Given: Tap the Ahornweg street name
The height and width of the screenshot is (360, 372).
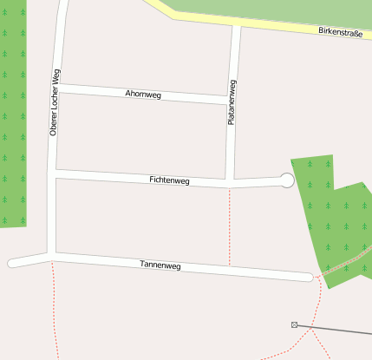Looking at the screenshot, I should tap(144, 93).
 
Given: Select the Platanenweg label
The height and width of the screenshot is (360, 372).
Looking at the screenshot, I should tap(232, 102).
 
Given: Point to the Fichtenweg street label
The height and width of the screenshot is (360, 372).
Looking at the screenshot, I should tap(169, 180).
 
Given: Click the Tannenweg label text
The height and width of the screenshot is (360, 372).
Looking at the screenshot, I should tap(160, 265).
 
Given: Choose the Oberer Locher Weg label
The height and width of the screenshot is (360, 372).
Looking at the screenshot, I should tap(54, 103).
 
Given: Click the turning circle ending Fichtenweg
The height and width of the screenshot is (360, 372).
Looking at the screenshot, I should tap(287, 180).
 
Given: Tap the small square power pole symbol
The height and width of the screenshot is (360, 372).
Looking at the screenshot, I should tap(294, 324).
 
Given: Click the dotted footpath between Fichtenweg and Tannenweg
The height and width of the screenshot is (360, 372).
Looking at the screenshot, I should tap(229, 226).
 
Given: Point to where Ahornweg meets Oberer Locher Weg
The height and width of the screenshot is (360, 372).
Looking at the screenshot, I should tap(58, 87).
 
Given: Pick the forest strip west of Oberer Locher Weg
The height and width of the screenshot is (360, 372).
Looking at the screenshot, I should tap(12, 113).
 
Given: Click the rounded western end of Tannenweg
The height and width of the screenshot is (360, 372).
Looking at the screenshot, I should tap(13, 263).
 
